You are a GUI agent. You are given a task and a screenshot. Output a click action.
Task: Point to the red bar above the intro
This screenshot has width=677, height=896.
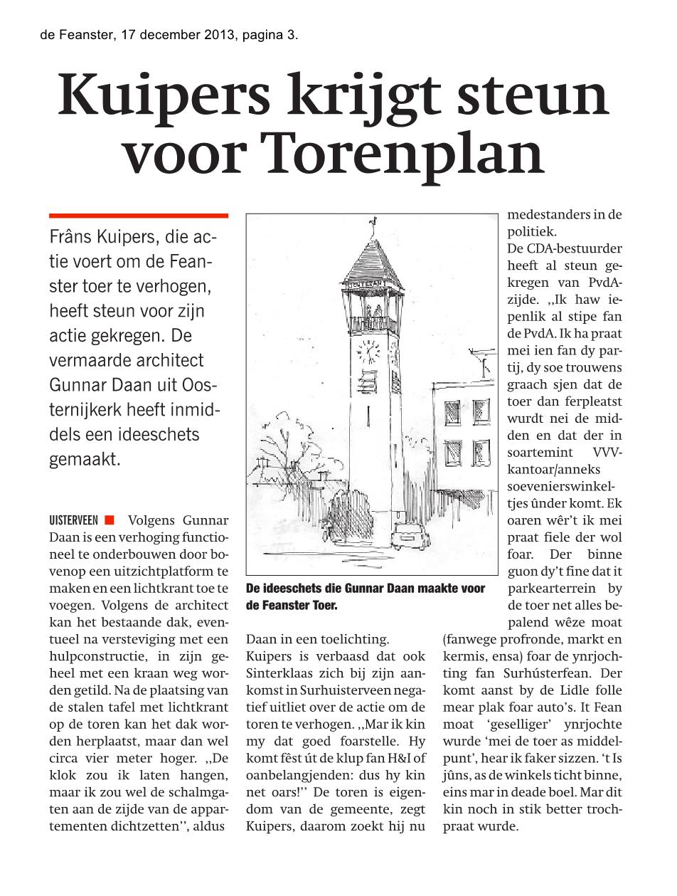139,215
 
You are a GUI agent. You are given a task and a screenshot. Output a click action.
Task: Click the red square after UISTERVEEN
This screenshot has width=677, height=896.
109,520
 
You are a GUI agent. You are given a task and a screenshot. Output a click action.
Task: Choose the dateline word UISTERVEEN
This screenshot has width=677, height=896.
74,520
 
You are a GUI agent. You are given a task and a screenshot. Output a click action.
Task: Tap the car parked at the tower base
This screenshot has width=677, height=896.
410,534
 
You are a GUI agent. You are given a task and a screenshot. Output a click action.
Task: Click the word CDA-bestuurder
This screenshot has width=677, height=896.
565,248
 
